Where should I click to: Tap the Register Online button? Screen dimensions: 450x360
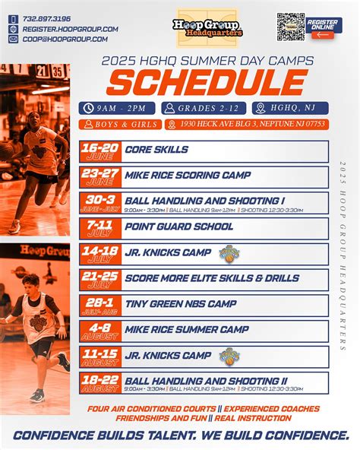point(324,27)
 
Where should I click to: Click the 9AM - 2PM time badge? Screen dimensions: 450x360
point(118,109)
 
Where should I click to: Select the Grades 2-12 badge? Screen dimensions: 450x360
point(203,109)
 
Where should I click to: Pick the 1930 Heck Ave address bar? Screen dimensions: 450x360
point(247,124)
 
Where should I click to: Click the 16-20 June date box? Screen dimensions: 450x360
point(100,150)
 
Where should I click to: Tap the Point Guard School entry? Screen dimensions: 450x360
point(179,227)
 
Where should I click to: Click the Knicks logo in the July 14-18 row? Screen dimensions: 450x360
point(229,253)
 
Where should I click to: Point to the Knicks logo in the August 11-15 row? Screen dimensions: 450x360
point(229,356)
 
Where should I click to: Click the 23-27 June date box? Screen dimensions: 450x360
point(100,176)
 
